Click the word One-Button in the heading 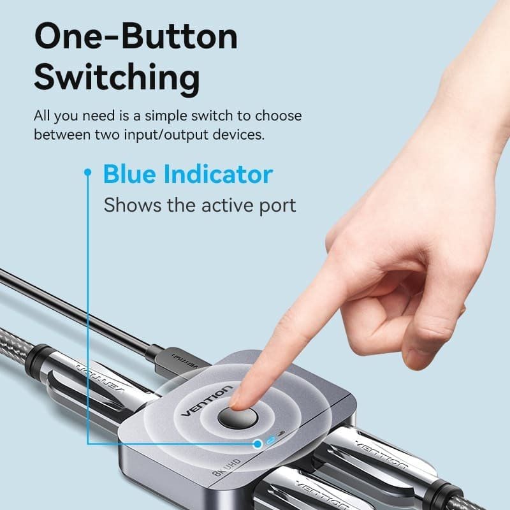tap(135, 37)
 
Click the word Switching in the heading tap(117, 78)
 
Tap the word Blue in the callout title tap(130, 174)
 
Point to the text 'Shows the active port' tap(200, 205)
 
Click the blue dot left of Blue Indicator tap(88, 171)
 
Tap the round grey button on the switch tap(237, 418)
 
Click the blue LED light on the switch tap(273, 441)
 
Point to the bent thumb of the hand tap(421, 338)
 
